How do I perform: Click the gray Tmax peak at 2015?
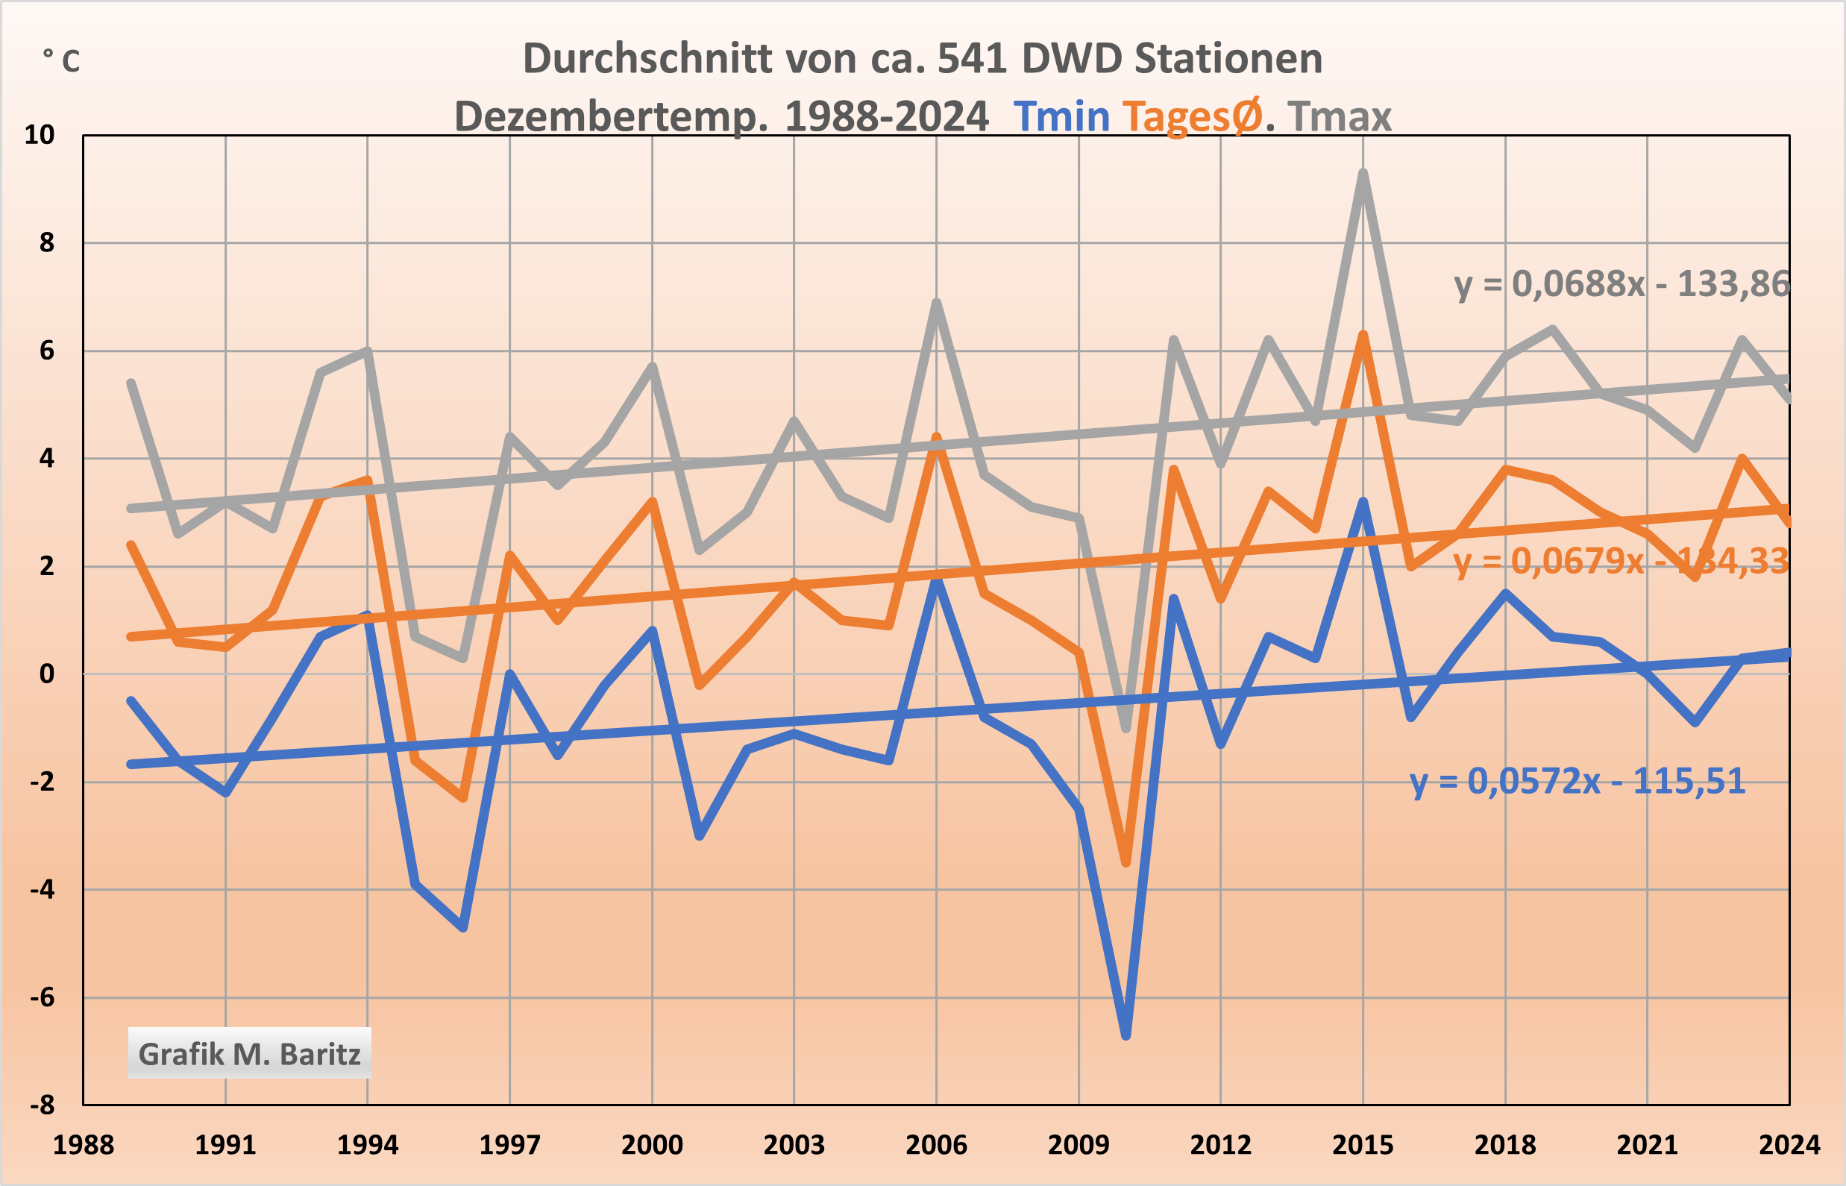(x=1363, y=174)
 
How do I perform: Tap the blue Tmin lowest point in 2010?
(x=1126, y=1035)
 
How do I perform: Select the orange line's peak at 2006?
(x=937, y=438)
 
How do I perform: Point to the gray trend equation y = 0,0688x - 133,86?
(x=1621, y=284)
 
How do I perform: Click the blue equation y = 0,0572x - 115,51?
(x=1577, y=781)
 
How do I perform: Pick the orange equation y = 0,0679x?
(x=1548, y=561)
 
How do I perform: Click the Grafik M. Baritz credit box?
(x=250, y=1053)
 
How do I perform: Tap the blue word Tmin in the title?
(x=1061, y=117)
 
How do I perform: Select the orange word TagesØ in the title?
(x=1192, y=117)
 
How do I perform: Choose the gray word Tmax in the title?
(x=1340, y=117)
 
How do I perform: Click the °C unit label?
(x=62, y=60)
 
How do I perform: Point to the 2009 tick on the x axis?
(x=1079, y=1145)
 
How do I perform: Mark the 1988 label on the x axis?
(x=84, y=1145)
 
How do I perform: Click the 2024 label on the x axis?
(x=1789, y=1145)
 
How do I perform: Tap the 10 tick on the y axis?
(x=40, y=136)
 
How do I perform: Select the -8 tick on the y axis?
(x=43, y=1105)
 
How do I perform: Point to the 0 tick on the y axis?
(x=47, y=674)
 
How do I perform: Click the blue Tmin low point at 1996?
(x=463, y=927)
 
